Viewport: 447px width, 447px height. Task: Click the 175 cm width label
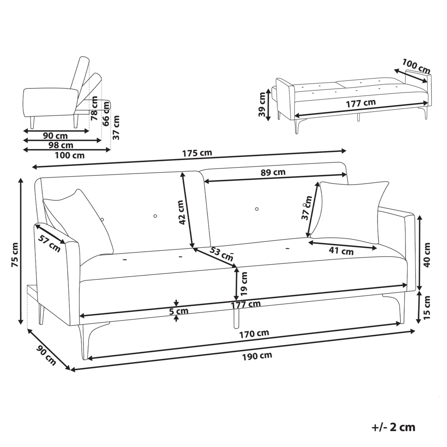tap(197, 153)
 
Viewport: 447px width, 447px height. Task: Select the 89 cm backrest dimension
tap(273, 172)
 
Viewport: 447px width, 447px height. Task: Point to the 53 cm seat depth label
tap(221, 254)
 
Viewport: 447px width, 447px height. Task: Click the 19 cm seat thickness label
tap(244, 285)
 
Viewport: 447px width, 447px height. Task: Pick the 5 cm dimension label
tap(179, 312)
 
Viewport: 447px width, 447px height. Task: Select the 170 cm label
tap(256, 333)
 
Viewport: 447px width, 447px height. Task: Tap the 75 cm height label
tap(15, 255)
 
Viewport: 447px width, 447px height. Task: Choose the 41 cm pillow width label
tap(341, 251)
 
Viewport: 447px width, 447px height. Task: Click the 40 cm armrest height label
tap(427, 255)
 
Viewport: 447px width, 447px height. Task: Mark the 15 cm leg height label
tap(427, 308)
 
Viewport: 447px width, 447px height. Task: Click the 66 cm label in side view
tap(106, 115)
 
